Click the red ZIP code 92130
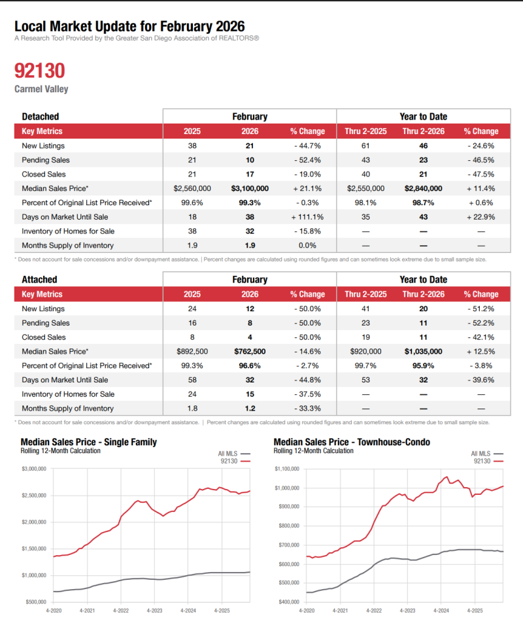coord(39,71)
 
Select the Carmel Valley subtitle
coord(41,89)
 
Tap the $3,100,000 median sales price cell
coord(249,188)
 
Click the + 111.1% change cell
coord(307,217)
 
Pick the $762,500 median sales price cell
coord(249,351)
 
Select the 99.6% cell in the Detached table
coord(192,203)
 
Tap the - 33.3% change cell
coord(307,409)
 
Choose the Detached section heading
coord(40,116)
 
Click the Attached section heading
coord(39,279)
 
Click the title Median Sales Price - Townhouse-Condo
coord(352,442)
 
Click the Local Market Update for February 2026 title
coord(129,27)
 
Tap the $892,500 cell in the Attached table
coord(192,351)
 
